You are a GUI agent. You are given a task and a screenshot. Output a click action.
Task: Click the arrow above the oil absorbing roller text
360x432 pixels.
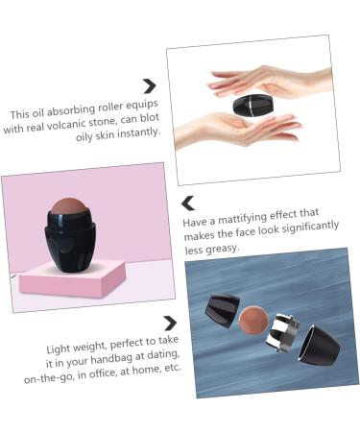pyautogui.click(x=149, y=86)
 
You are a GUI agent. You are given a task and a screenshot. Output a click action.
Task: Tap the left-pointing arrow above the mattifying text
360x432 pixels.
pyautogui.click(x=188, y=203)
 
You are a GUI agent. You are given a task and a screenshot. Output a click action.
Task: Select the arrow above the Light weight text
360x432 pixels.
pyautogui.click(x=170, y=323)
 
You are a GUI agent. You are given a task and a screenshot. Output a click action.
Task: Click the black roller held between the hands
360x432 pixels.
pyautogui.click(x=252, y=103)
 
